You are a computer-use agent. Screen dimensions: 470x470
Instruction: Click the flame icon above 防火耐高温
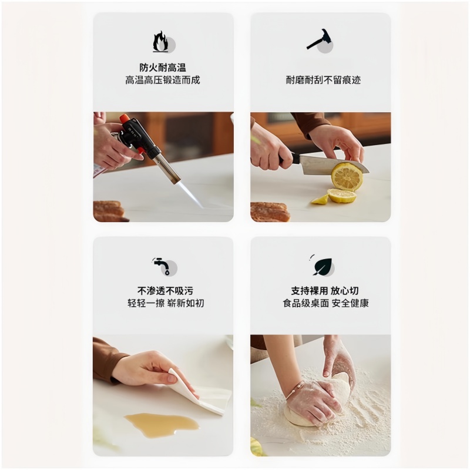coord(160,42)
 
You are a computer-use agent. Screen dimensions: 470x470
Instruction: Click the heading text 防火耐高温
coord(163,68)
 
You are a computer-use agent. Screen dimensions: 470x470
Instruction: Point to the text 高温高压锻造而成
coord(163,80)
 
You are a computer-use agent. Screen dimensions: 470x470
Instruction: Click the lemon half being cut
coord(347,176)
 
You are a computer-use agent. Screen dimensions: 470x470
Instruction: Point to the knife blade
coord(329,164)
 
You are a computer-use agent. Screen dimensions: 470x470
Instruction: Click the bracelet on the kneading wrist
coord(295,388)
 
